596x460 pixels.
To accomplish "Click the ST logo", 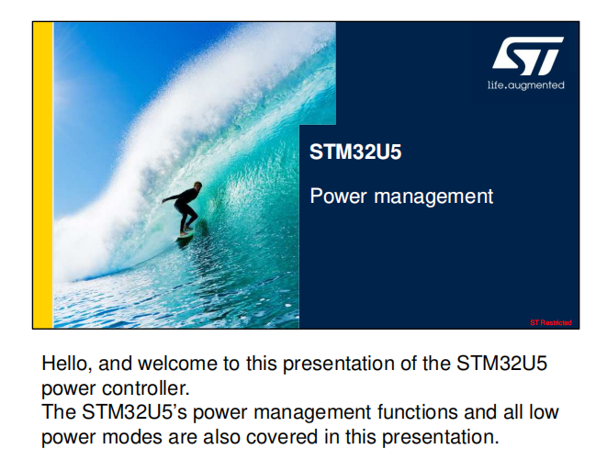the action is coord(527,55).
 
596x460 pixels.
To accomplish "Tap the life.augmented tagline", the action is coord(525,85).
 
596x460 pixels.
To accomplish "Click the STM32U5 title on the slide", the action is coord(355,151).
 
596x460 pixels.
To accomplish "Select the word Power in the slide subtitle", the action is coord(339,196).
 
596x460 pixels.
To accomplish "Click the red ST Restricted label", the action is coord(551,323).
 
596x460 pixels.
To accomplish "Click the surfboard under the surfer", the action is coord(186,234).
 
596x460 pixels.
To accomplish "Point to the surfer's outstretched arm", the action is coord(174,197).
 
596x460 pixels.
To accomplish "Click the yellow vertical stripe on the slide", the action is coord(43,174).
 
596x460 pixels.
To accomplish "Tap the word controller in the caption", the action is coord(146,388).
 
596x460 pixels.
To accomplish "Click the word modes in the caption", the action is coord(132,437).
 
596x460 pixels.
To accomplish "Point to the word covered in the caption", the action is coord(282,437).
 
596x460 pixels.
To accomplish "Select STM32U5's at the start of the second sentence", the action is coord(134,412).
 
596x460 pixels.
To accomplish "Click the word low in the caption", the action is coord(544,412).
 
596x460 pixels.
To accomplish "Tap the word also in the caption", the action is coord(223,437).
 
